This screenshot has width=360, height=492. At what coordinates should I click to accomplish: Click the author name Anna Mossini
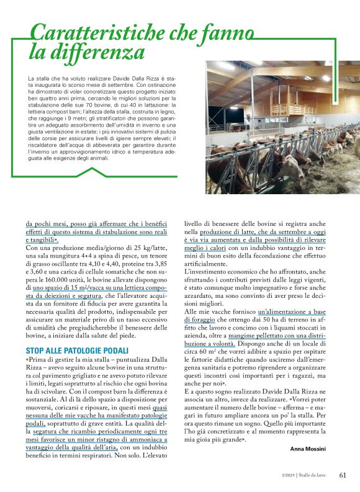[x=316, y=447]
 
